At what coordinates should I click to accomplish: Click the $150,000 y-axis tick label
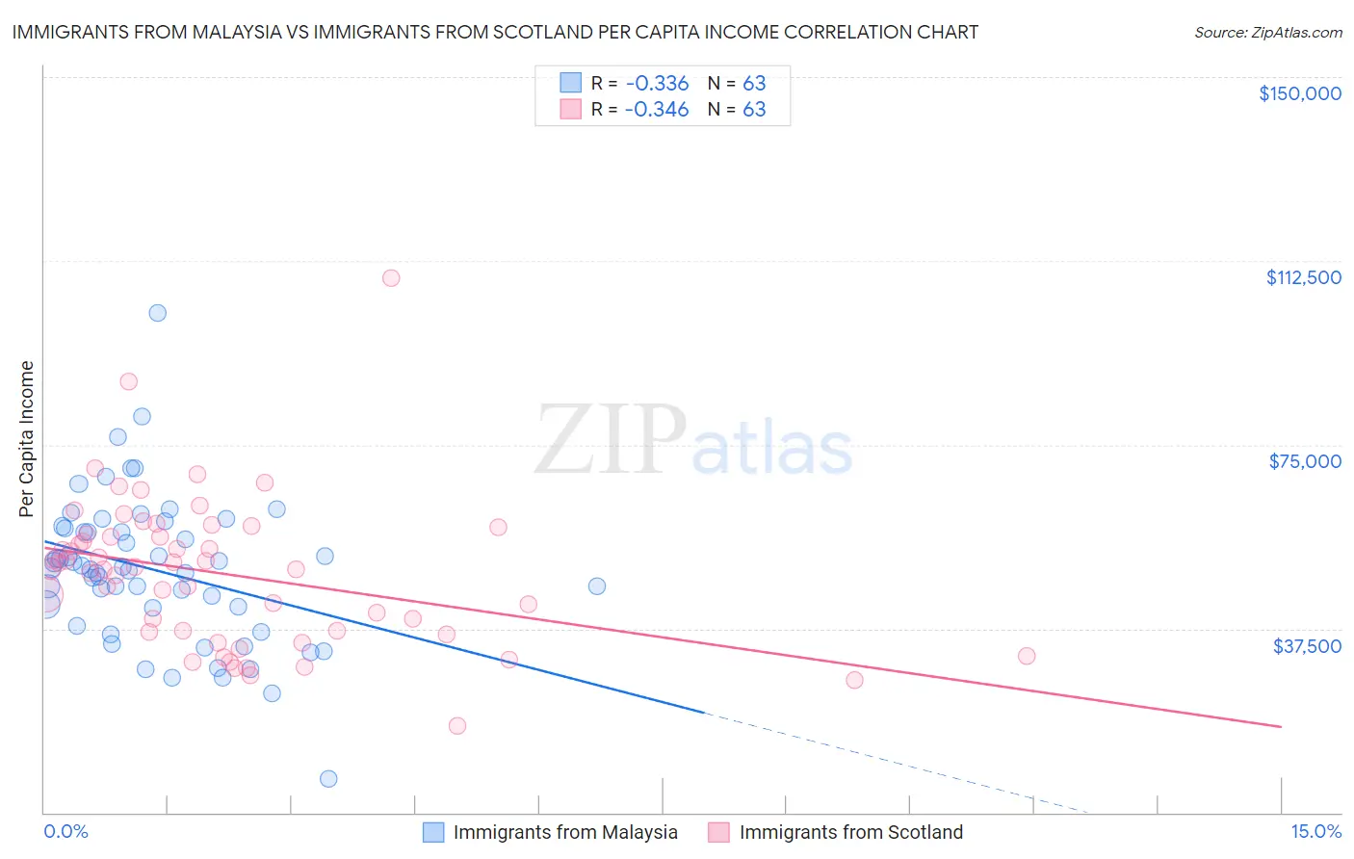[x=1299, y=93]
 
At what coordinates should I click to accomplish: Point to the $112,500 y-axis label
[x=1303, y=277]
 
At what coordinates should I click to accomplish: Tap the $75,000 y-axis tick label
[x=1305, y=461]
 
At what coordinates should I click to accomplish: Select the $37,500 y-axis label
[x=1307, y=646]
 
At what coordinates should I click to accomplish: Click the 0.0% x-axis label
[x=65, y=832]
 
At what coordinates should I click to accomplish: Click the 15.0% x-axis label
[x=1315, y=832]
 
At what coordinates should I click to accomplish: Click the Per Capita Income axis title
[x=27, y=438]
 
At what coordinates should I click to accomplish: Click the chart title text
[x=495, y=32]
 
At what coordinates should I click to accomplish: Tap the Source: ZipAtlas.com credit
[x=1267, y=32]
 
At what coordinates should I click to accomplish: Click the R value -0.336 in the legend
[x=657, y=83]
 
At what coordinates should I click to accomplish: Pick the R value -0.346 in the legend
[x=657, y=110]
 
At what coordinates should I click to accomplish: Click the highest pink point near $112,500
[x=390, y=278]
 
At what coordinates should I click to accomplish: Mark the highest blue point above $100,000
[x=157, y=313]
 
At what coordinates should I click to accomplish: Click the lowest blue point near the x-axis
[x=328, y=779]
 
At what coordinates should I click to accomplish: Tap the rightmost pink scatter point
[x=1027, y=656]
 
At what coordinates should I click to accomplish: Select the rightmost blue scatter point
[x=597, y=586]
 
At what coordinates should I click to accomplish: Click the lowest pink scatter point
[x=457, y=726]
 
